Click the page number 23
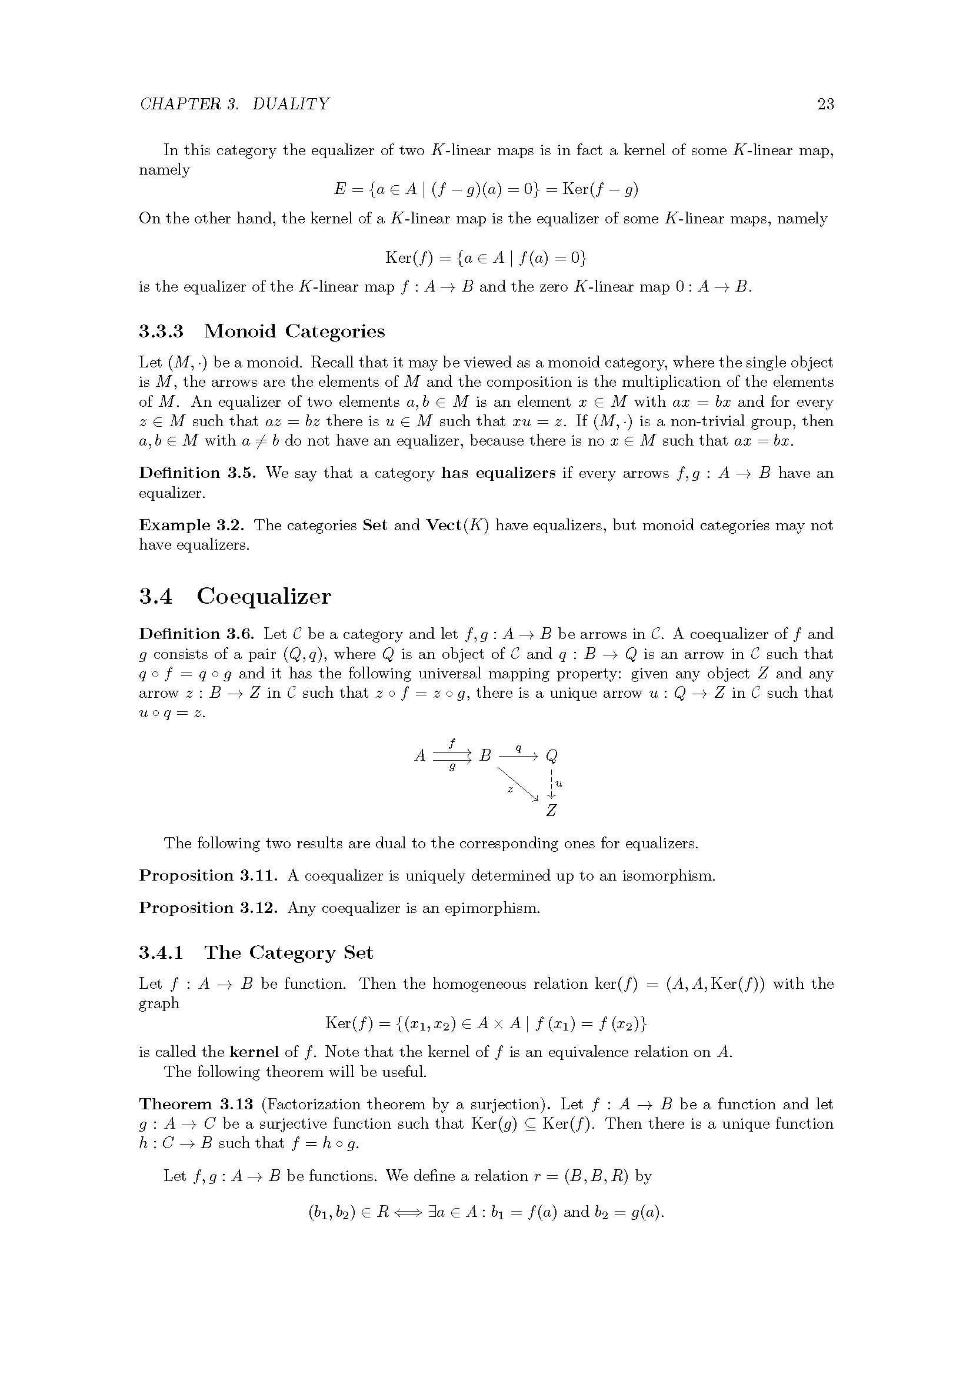pyautogui.click(x=825, y=104)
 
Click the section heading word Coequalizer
pyautogui.click(x=264, y=597)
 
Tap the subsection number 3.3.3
pyautogui.click(x=161, y=331)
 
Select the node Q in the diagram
pyautogui.click(x=552, y=757)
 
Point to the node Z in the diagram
pyautogui.click(x=552, y=811)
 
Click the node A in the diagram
pyautogui.click(x=420, y=757)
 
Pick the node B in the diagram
pyautogui.click(x=485, y=757)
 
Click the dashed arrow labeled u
pyautogui.click(x=552, y=783)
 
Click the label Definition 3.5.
pyautogui.click(x=197, y=473)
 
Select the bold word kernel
pyautogui.click(x=254, y=1052)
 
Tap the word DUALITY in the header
pyautogui.click(x=291, y=104)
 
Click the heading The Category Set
pyautogui.click(x=289, y=953)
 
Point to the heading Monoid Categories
pyautogui.click(x=294, y=331)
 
